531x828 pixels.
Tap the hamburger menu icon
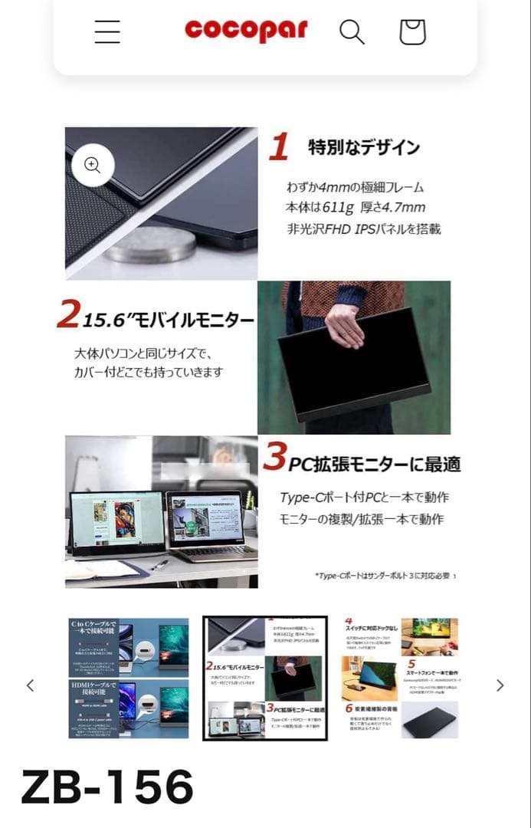(x=107, y=31)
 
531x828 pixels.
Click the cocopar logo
(x=245, y=31)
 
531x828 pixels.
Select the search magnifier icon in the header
(x=352, y=31)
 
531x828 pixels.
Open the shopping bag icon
(x=412, y=31)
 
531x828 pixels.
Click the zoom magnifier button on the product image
(x=93, y=166)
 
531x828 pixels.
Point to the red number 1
(x=279, y=146)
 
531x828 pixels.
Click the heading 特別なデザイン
(x=364, y=147)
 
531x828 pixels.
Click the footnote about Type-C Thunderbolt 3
(x=385, y=576)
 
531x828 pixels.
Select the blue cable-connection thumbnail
(x=128, y=678)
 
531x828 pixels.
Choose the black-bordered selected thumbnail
(x=265, y=678)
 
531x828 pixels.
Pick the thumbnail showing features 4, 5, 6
(x=399, y=678)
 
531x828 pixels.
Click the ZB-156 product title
(x=107, y=787)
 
